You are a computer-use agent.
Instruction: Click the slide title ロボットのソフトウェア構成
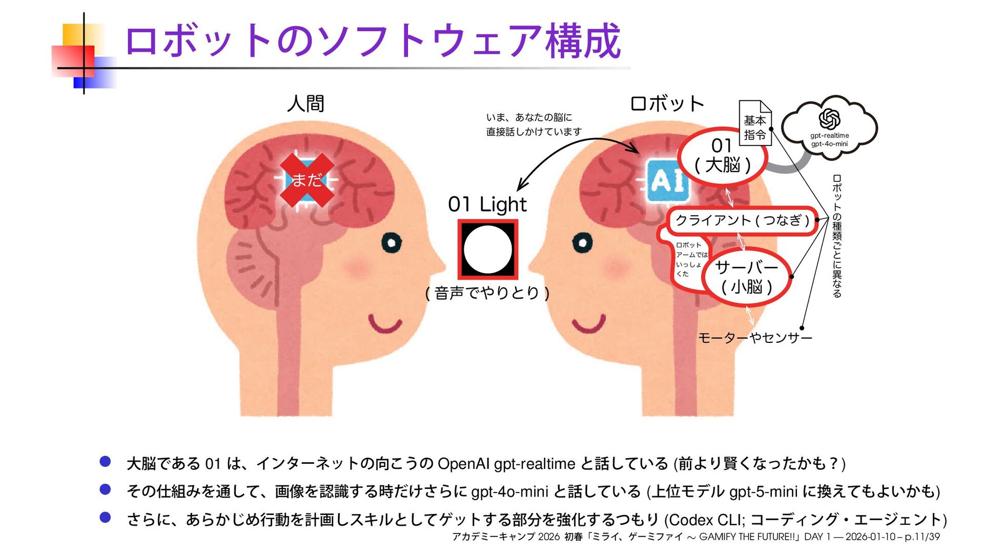[373, 41]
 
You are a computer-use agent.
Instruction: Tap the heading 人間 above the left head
[305, 104]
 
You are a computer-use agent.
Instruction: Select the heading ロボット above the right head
[667, 104]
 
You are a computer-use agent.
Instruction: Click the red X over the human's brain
[307, 180]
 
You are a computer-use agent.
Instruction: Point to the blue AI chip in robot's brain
[667, 180]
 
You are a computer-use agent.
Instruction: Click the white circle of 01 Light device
[487, 250]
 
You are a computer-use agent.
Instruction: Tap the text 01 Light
[487, 204]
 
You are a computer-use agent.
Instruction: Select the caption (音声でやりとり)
[487, 293]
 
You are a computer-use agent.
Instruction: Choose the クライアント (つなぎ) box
[742, 221]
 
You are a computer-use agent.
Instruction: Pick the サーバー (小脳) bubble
[746, 277]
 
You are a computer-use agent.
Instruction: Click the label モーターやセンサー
[755, 338]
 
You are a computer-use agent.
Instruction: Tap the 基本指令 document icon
[755, 124]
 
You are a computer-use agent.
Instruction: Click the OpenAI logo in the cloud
[829, 119]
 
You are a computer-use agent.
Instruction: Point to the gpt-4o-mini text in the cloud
[829, 144]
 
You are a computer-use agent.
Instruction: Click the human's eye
[391, 242]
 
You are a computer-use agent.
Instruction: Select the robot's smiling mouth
[589, 324]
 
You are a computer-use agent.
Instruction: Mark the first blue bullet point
[106, 462]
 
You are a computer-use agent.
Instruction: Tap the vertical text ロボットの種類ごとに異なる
[837, 236]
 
